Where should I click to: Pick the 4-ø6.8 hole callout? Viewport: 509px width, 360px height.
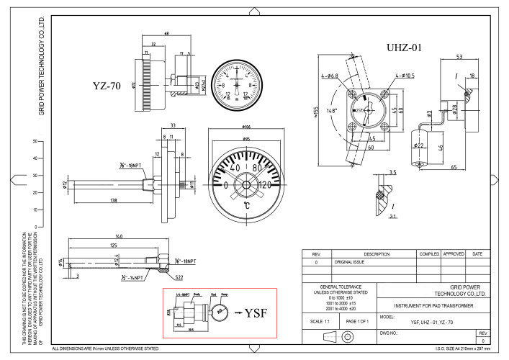[x=333, y=76]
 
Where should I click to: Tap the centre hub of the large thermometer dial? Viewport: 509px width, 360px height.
[x=246, y=184]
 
